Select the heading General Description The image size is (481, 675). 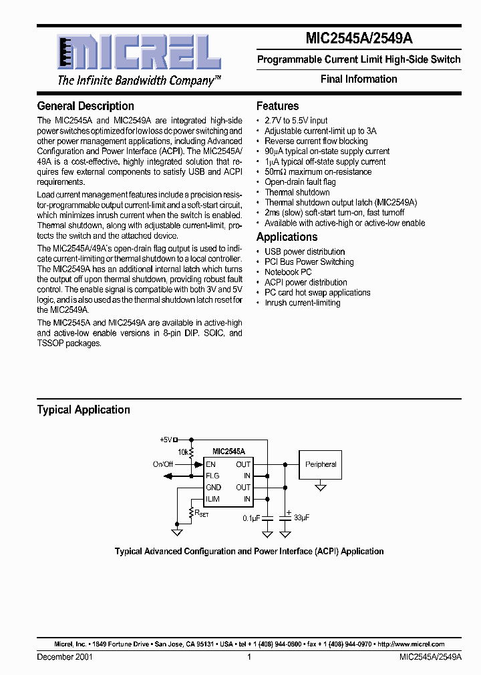86,106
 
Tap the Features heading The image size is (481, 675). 277,106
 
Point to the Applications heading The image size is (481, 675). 287,237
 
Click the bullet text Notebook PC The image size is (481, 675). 288,272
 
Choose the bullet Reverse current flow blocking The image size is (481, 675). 316,141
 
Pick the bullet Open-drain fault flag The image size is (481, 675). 300,182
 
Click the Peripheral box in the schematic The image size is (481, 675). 321,464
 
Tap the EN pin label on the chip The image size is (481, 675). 210,464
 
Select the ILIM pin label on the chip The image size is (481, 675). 212,499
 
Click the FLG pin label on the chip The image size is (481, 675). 212,476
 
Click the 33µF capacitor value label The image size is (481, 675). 302,518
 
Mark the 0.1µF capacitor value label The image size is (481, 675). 252,518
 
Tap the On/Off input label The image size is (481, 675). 163,464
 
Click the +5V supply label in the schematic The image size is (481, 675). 166,440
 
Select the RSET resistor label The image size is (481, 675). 202,514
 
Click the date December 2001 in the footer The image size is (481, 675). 65,657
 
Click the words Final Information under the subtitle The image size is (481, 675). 359,79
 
